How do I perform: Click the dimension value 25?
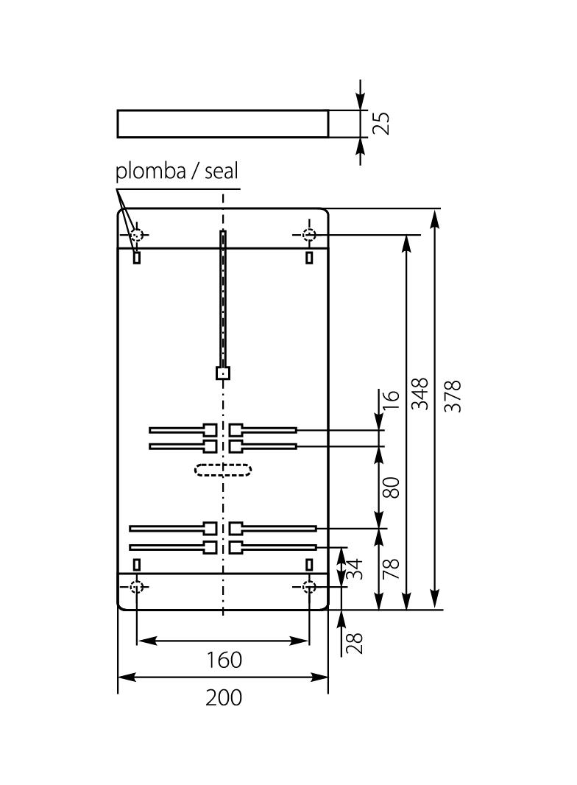point(380,122)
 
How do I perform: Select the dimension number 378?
point(453,395)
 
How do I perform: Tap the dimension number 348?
point(420,394)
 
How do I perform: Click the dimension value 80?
point(392,487)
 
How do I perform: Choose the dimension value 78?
point(392,568)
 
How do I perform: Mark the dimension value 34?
point(355,568)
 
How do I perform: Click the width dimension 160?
point(223,659)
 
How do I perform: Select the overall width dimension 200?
point(223,697)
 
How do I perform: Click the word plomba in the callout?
point(149,172)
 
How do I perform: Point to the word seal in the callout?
point(222,172)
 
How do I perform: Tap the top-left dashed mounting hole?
point(136,235)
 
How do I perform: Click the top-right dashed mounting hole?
point(309,235)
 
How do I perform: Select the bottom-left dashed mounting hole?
point(136,586)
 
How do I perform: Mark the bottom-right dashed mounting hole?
point(309,586)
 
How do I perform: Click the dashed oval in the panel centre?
point(223,469)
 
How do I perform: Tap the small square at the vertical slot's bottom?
point(223,373)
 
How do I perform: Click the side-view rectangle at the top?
point(223,124)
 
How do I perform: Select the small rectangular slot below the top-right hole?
point(309,257)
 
